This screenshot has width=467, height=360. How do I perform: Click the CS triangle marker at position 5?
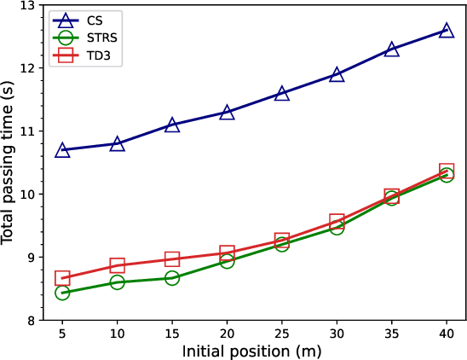pyautogui.click(x=62, y=150)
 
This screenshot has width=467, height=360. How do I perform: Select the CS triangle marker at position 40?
pyautogui.click(x=447, y=30)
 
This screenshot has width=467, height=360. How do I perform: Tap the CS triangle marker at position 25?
pyautogui.click(x=282, y=93)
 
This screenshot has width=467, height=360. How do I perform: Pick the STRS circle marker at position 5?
pyautogui.click(x=62, y=293)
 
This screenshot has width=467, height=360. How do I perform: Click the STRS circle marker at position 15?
pyautogui.click(x=172, y=278)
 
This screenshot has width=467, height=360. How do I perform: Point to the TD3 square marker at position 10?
pyautogui.click(x=118, y=265)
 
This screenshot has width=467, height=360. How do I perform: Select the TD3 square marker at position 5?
pyautogui.click(x=62, y=278)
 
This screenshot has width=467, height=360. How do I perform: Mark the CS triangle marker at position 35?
pyautogui.click(x=392, y=49)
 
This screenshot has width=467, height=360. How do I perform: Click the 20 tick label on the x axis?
pyautogui.click(x=227, y=334)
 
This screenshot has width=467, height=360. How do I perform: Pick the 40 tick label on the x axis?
pyautogui.click(x=447, y=334)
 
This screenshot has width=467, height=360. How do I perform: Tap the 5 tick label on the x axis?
pyautogui.click(x=62, y=334)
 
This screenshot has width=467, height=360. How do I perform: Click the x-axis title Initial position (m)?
pyautogui.click(x=254, y=350)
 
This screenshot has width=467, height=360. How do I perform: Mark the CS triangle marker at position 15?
pyautogui.click(x=172, y=125)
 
